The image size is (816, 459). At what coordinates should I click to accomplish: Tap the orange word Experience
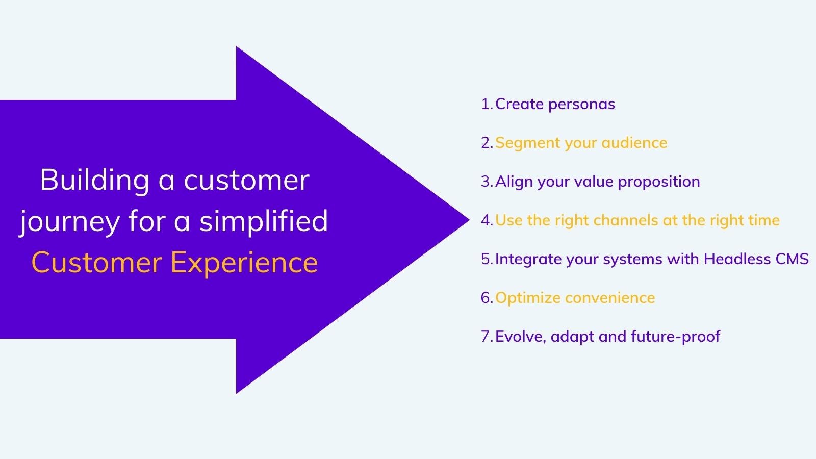pos(244,262)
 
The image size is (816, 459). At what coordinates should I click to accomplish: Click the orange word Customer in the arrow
pos(97,262)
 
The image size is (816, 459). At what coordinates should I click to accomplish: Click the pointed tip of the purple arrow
pos(469,220)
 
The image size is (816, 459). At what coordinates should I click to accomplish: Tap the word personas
pos(581,105)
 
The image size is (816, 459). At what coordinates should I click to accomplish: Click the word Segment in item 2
pos(527,143)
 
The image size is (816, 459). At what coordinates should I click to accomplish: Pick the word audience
pos(634,143)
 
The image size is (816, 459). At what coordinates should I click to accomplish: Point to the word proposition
pos(659,182)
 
